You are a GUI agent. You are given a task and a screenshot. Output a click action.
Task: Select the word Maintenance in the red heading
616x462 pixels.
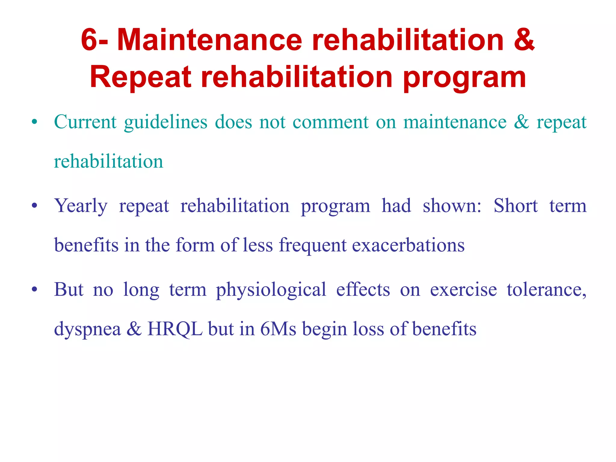(x=209, y=40)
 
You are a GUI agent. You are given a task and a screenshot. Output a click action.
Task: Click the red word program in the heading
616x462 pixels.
(x=464, y=78)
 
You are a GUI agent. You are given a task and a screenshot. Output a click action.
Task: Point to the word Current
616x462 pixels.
(x=85, y=122)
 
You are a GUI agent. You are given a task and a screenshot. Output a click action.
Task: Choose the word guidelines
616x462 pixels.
(x=166, y=122)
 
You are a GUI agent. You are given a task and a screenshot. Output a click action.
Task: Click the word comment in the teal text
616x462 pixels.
(x=331, y=122)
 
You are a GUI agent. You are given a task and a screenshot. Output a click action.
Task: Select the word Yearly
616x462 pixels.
(x=81, y=206)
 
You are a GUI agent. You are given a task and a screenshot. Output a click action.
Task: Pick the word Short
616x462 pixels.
(x=516, y=206)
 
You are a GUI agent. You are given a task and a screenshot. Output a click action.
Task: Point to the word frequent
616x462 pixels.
(x=313, y=245)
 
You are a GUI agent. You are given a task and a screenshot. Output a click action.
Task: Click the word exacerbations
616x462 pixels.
(x=408, y=245)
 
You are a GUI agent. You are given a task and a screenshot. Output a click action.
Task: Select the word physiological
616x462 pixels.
(x=271, y=290)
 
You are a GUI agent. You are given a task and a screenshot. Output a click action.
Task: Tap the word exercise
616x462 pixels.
(x=463, y=290)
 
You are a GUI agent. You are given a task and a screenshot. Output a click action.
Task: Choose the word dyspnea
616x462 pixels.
(x=87, y=329)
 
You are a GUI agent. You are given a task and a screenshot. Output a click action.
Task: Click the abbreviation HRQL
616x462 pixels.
(x=175, y=329)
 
